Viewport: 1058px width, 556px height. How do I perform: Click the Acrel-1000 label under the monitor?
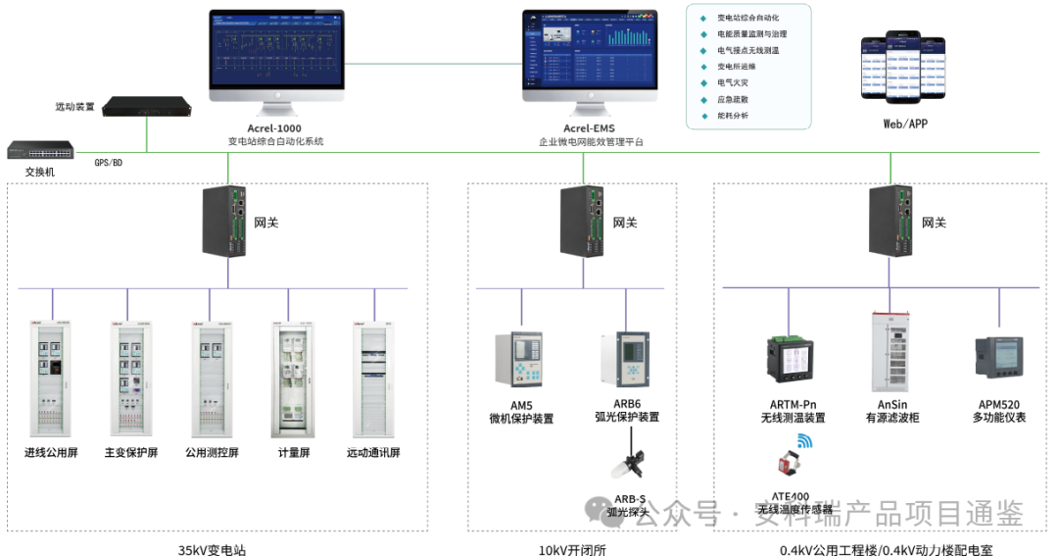275,127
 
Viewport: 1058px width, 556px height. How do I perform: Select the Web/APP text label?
904,124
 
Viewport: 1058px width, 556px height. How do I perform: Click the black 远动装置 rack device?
147,106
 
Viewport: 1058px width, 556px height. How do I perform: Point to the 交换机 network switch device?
40,151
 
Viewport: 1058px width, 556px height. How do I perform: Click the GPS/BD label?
108,162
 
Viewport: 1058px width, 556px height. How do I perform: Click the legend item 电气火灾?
733,83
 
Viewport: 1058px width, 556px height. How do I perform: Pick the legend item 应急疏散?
733,99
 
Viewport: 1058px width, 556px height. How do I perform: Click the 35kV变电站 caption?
213,548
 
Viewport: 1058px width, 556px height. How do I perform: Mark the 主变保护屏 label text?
131,453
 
